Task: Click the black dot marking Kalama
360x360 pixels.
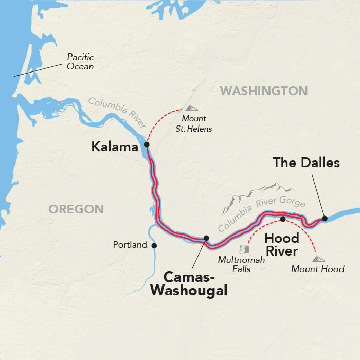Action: tap(147, 145)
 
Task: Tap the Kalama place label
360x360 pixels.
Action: tap(115, 148)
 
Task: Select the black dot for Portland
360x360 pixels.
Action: tap(154, 245)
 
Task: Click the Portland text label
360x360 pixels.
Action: tap(130, 245)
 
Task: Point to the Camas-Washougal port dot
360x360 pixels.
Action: tap(206, 238)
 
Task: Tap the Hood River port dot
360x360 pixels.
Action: tap(282, 219)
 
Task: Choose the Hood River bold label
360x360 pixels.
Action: tap(281, 245)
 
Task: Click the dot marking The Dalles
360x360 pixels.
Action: tap(325, 219)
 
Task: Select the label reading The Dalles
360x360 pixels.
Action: tap(307, 163)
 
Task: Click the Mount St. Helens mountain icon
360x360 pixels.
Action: tap(191, 108)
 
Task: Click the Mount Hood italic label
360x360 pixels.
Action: tap(317, 269)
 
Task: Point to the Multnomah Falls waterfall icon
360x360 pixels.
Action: tap(244, 249)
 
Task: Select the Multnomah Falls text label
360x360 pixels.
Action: tap(241, 264)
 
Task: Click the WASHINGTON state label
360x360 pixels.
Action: tap(263, 91)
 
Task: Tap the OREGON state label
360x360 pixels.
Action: tap(76, 209)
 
